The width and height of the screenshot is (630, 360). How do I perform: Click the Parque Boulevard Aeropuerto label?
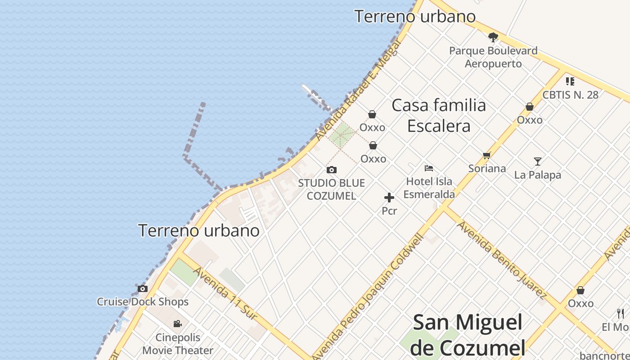point(493,57)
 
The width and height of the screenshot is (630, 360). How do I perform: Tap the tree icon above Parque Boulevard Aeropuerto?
point(493,37)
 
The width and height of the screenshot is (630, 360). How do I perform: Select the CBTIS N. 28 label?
point(570,94)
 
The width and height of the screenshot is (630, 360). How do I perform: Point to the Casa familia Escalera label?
point(439,116)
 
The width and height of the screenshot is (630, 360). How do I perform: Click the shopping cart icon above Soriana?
point(486,156)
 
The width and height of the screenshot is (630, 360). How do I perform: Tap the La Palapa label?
point(538,175)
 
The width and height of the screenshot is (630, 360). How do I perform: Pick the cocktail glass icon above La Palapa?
point(537,161)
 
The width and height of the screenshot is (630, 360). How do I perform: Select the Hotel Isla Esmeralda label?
point(429,188)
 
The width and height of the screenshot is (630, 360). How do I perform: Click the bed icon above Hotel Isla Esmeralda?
point(429,168)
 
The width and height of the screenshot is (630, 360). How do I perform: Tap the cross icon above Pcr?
point(389,198)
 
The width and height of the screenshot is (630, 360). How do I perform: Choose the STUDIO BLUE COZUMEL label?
point(331,189)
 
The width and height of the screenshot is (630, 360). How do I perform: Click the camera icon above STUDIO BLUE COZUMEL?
point(332,170)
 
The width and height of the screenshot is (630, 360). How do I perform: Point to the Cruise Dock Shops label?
point(143,301)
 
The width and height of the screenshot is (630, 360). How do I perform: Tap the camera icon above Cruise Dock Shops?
point(143,288)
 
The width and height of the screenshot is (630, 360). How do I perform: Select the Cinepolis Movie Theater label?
point(178,344)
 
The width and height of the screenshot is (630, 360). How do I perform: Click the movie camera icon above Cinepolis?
point(177,324)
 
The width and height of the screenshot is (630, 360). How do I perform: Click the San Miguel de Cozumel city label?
point(468,335)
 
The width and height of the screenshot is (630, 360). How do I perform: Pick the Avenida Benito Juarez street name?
point(502,260)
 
